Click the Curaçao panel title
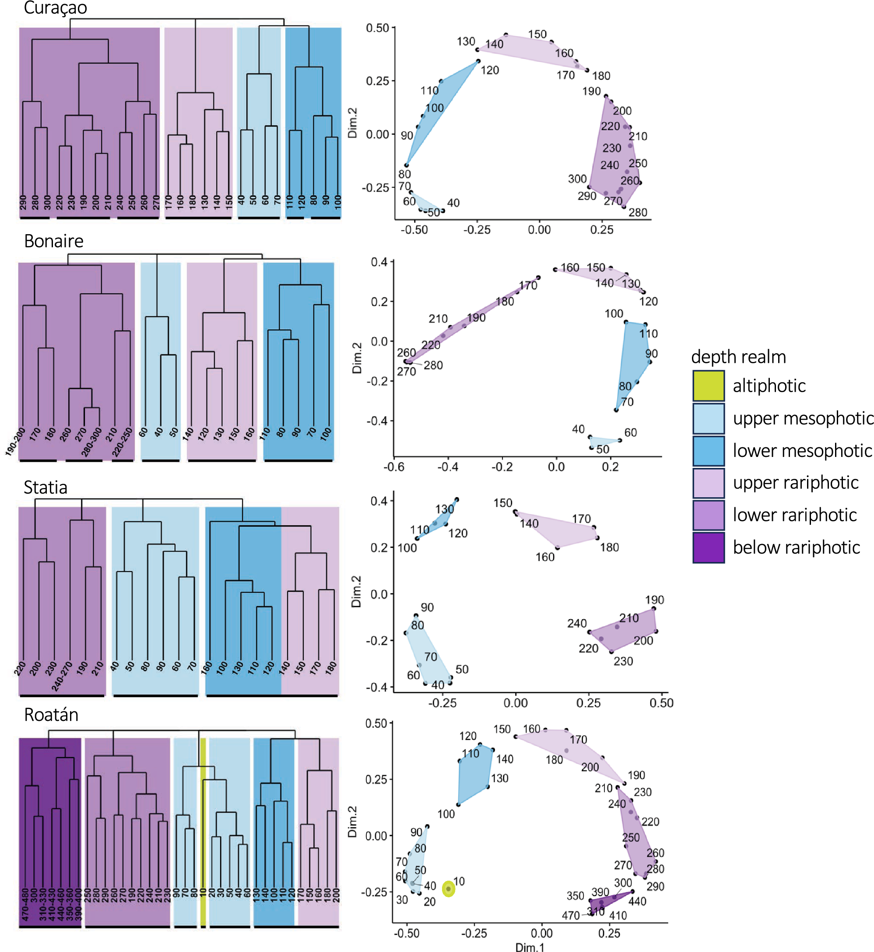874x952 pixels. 55,8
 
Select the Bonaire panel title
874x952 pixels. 53,241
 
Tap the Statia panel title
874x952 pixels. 46,487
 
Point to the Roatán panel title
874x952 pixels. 51,715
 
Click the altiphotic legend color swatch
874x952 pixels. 708,386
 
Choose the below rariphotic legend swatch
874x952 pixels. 708,547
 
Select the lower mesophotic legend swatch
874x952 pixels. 708,450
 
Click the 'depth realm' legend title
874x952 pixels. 738,357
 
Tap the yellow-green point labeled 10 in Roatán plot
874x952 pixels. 448,889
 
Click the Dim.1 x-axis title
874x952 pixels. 529,947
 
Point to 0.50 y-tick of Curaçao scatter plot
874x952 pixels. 377,28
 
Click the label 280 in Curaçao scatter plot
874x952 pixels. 638,212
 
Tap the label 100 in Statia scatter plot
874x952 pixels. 407,548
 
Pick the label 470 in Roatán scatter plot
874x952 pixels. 570,916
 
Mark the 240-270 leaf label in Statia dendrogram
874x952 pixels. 61,676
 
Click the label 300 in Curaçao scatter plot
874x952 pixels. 577,179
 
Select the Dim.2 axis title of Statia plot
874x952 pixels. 356,592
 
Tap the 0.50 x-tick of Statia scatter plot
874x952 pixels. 661,703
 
